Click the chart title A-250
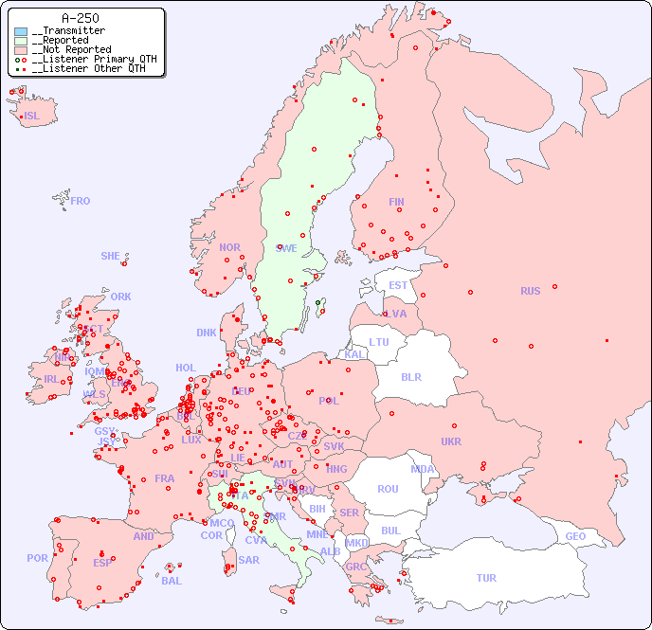pyautogui.click(x=80, y=18)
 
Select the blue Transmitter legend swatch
pyautogui.click(x=21, y=31)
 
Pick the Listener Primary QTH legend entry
pyautogui.click(x=87, y=59)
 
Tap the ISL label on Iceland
pyautogui.click(x=31, y=117)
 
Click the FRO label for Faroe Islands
pyautogui.click(x=81, y=201)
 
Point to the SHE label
pyautogui.click(x=111, y=256)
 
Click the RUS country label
pyautogui.click(x=530, y=291)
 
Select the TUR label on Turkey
pyautogui.click(x=486, y=578)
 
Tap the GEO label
pyautogui.click(x=575, y=536)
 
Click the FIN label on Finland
pyautogui.click(x=396, y=202)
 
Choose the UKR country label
pyautogui.click(x=451, y=441)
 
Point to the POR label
pyautogui.click(x=37, y=558)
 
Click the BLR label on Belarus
pyautogui.click(x=411, y=376)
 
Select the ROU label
pyautogui.click(x=388, y=489)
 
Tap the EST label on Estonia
pyautogui.click(x=398, y=285)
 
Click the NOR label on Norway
pyautogui.click(x=229, y=247)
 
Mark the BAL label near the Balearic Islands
pyautogui.click(x=171, y=581)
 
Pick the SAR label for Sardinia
pyautogui.click(x=248, y=560)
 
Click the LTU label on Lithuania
pyautogui.click(x=379, y=342)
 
